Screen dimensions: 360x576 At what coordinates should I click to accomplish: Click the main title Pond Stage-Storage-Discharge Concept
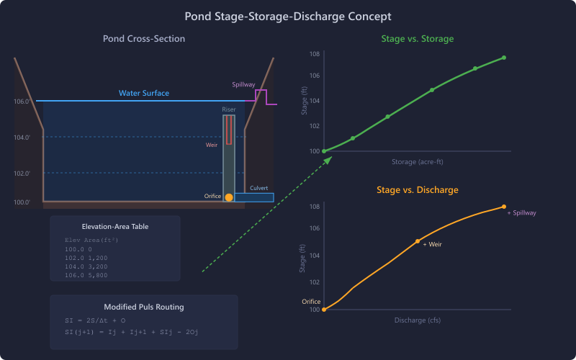click(x=288, y=16)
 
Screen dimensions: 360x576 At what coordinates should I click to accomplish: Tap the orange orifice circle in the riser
click(x=229, y=197)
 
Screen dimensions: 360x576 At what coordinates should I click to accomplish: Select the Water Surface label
click(x=144, y=94)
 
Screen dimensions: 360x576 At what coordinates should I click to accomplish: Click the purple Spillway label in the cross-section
click(x=243, y=85)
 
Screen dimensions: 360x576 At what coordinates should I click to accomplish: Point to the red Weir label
click(x=212, y=145)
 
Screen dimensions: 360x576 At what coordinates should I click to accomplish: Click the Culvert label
click(x=259, y=189)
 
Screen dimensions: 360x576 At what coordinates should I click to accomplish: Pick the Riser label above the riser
click(x=229, y=109)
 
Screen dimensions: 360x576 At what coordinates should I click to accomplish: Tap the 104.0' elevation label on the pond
click(x=22, y=138)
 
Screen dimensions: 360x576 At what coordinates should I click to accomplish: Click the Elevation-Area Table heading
click(x=115, y=226)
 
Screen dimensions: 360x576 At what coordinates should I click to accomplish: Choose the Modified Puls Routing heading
click(x=144, y=307)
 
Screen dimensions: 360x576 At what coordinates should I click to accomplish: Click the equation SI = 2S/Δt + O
click(x=95, y=320)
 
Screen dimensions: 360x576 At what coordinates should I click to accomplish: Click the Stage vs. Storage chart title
click(x=418, y=39)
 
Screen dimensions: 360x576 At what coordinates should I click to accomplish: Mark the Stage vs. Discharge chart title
click(x=418, y=190)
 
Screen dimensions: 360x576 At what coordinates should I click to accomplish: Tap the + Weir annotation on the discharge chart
click(x=432, y=245)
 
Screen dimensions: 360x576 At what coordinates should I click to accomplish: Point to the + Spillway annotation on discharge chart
click(x=522, y=213)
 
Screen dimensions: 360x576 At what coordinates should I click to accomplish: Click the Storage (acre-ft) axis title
click(x=418, y=161)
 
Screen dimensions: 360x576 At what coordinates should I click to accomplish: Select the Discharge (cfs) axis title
click(x=418, y=320)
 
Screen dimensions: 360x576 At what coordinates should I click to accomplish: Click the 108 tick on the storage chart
click(x=315, y=54)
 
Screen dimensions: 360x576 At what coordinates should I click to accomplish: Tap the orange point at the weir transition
click(x=418, y=241)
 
